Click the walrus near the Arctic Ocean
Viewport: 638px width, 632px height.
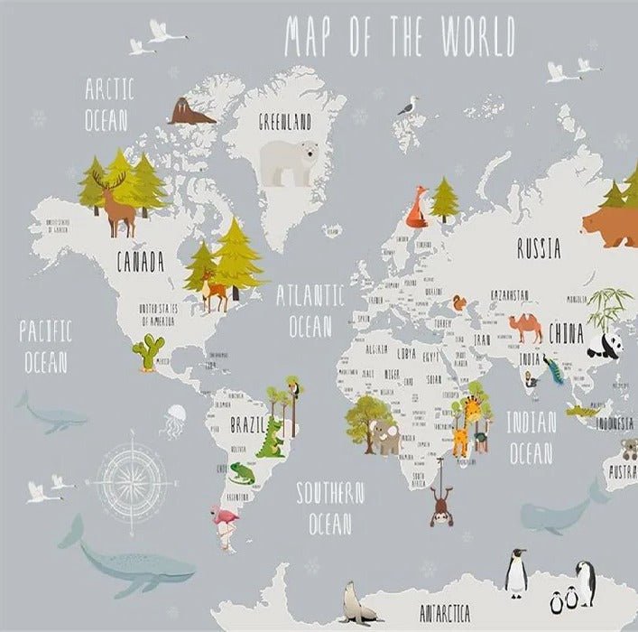[190, 112]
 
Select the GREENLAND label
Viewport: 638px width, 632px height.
[284, 120]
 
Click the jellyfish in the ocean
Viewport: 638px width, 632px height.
[175, 420]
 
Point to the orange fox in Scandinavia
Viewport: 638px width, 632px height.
[416, 209]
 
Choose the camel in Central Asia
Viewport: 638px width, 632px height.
[524, 327]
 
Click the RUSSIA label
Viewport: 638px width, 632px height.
[538, 248]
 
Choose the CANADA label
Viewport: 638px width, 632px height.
[140, 263]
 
